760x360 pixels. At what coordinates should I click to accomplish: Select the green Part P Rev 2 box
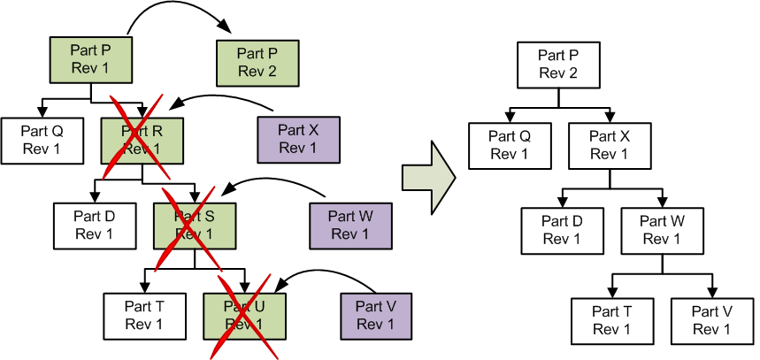click(x=257, y=62)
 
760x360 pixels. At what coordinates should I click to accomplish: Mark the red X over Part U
click(x=243, y=315)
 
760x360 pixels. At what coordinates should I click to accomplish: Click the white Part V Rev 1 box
click(x=710, y=320)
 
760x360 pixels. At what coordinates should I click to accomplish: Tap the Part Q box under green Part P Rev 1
click(x=42, y=140)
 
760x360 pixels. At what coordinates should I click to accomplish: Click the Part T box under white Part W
click(x=611, y=320)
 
